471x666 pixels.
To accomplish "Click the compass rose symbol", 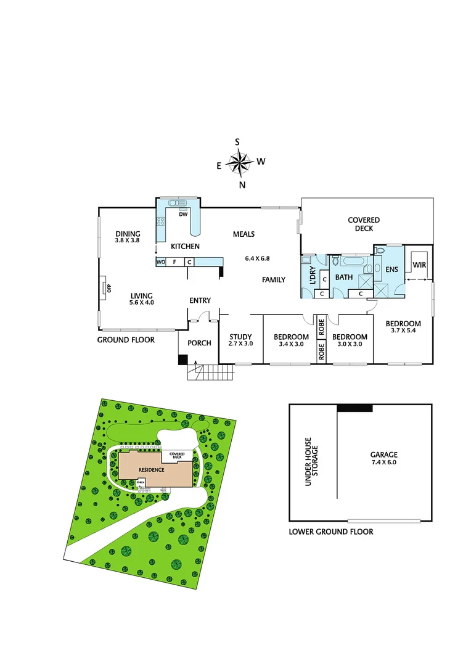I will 239,163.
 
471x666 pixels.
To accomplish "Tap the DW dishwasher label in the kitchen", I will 183,215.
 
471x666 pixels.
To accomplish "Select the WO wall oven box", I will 161,262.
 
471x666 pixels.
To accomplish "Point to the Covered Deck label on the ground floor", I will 364,224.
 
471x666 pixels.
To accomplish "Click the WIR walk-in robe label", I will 419,265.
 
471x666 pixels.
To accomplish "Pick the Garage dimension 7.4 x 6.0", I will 384,462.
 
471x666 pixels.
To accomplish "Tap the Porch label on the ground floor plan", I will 199,343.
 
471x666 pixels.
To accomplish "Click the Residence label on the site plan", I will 150,470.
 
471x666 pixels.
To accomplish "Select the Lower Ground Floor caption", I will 331,532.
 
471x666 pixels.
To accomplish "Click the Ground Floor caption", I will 126,340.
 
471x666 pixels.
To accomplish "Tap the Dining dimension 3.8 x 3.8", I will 128,240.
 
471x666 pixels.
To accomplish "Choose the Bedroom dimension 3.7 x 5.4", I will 403,331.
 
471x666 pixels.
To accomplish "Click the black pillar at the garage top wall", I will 354,408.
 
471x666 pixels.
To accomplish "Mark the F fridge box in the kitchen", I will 175,262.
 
